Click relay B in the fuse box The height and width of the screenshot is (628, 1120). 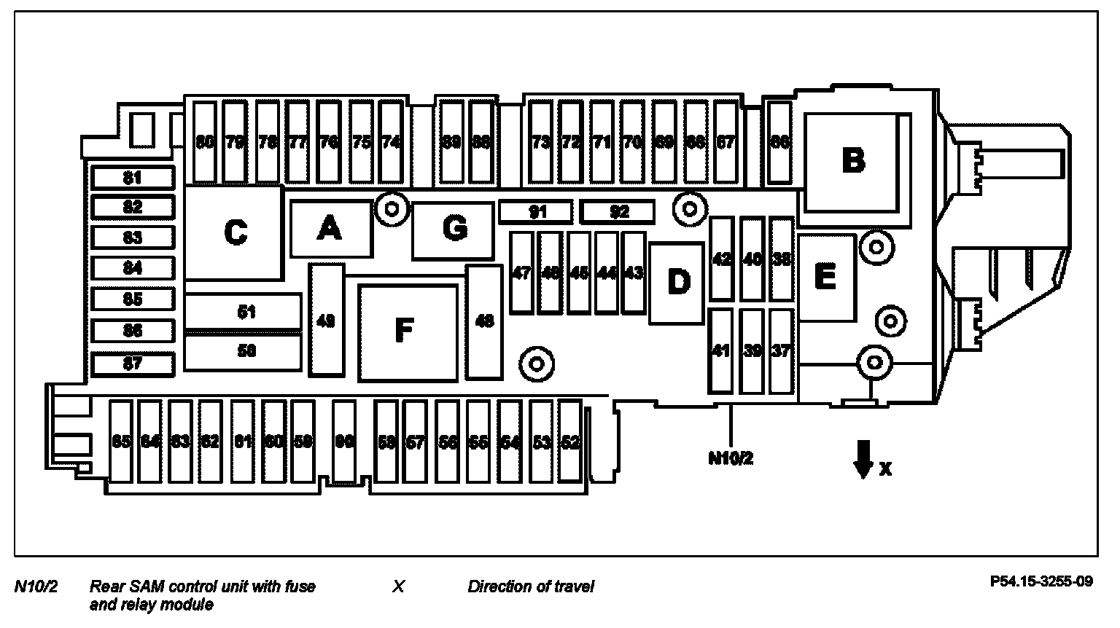click(x=853, y=160)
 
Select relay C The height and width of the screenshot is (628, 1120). click(x=235, y=232)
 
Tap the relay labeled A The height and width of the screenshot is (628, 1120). click(x=330, y=229)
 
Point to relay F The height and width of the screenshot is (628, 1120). click(x=407, y=331)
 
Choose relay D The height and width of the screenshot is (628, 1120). click(x=677, y=282)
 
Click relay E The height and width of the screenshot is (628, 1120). click(x=826, y=278)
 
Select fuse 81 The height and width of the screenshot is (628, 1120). click(x=133, y=178)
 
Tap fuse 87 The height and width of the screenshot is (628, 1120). click(x=133, y=364)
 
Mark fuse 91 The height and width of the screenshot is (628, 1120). click(x=537, y=212)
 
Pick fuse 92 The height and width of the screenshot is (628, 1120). click(x=618, y=212)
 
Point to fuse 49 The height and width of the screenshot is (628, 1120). click(x=327, y=320)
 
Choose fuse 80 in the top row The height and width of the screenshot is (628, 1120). click(x=205, y=142)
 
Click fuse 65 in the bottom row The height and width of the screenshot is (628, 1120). click(x=121, y=441)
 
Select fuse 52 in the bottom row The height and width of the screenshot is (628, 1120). click(x=571, y=441)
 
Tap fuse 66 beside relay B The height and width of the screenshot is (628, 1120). click(x=780, y=142)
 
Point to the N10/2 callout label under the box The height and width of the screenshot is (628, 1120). click(x=731, y=458)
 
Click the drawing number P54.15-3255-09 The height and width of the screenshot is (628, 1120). click(x=1041, y=581)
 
